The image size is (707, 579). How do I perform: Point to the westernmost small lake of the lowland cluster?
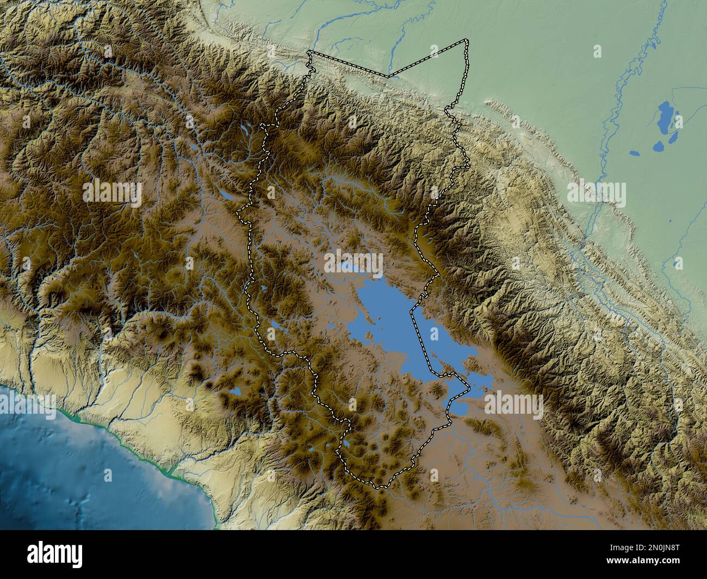tap(634, 153)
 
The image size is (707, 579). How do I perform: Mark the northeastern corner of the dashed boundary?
tap(466, 41)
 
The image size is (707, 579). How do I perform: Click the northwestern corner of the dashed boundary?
tap(308, 53)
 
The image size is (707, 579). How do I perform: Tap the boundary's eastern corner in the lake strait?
tap(469, 387)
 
